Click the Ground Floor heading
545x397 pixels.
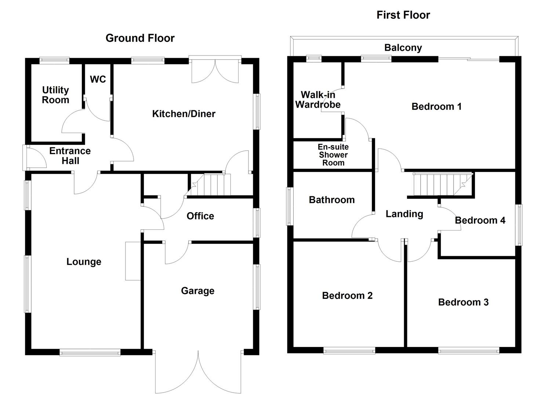140,38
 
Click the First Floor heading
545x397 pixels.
403,15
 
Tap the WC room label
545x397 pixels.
98,79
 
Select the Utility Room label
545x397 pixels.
55,95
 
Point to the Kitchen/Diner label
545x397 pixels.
184,114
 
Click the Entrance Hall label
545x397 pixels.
70,156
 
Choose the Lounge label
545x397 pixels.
84,262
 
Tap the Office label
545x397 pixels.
200,216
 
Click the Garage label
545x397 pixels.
197,291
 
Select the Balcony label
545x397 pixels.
403,48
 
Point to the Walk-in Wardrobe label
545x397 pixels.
318,100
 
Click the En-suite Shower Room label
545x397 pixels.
333,155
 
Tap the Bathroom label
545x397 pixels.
332,200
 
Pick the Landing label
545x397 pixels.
404,214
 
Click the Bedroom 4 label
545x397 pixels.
480,221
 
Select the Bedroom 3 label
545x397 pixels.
463,302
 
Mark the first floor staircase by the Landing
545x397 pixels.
439,185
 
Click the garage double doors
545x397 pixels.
198,371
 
